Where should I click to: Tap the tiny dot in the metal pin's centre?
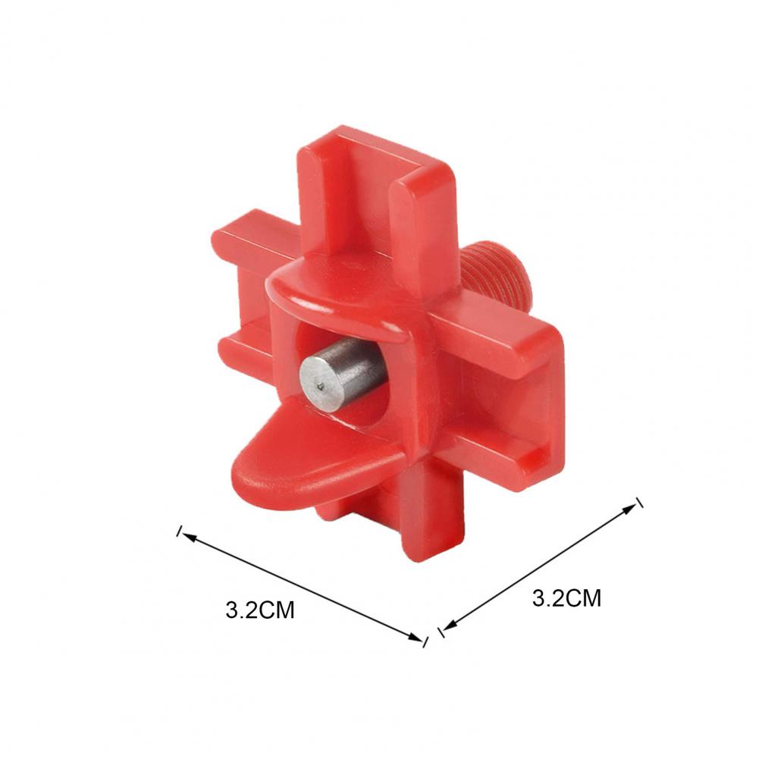(x=321, y=386)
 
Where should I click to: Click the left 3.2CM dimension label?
(x=260, y=610)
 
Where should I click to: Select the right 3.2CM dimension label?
(x=567, y=598)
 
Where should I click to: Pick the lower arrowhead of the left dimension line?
(x=416, y=637)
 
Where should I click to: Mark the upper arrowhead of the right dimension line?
(x=630, y=508)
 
